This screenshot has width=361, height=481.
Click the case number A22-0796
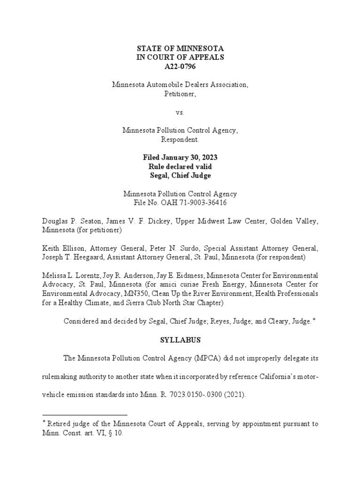(x=180, y=66)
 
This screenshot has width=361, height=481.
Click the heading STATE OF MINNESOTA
(x=180, y=48)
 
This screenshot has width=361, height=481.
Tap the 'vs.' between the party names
(x=180, y=112)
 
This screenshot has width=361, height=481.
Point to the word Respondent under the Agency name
(x=180, y=140)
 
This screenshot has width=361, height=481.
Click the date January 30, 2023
(x=191, y=157)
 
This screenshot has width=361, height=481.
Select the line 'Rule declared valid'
(x=180, y=166)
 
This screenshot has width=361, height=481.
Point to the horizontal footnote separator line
(x=85, y=415)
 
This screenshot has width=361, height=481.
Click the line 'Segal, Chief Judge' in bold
(x=180, y=175)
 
